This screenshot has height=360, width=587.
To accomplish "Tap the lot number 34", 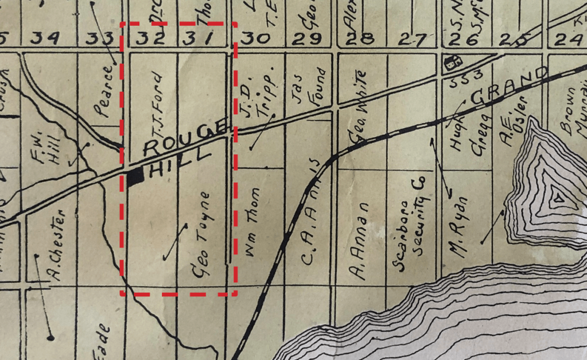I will pos(46,38).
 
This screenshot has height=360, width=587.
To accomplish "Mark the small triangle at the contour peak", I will pos(557,199).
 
